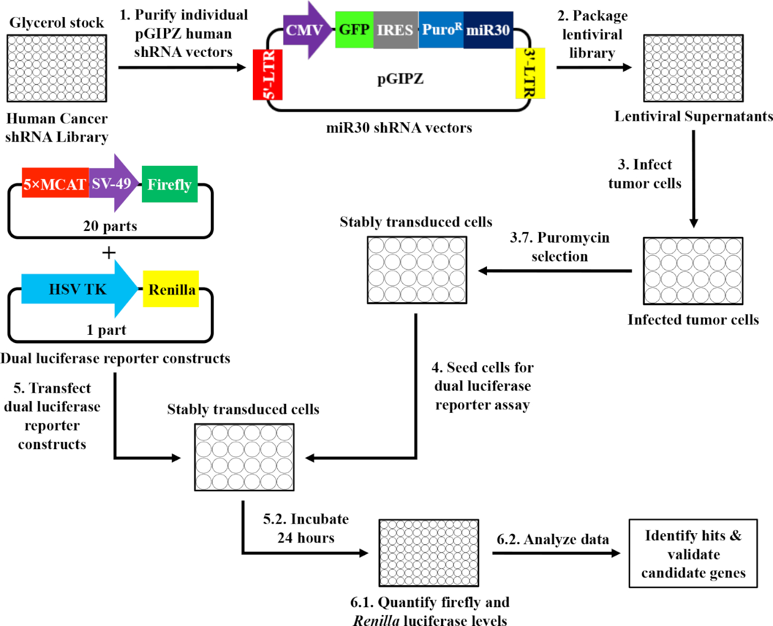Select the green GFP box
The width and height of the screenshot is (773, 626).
pos(354,30)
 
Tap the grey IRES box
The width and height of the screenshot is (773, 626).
pos(395,30)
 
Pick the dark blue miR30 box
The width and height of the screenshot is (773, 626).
pos(488,30)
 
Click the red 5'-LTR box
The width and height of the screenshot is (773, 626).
pos(268,75)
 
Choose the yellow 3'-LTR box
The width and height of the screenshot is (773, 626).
pos(530,73)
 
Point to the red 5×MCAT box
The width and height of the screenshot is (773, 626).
pos(55,184)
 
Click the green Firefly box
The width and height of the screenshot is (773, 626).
pos(170,184)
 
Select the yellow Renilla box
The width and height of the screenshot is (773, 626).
pos(171,289)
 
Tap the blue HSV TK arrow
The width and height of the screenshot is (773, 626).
pos(77,289)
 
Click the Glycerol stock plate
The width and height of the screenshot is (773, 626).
pos(57,69)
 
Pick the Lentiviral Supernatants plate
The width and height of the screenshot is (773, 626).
pos(693,69)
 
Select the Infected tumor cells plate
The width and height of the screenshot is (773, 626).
pos(693,271)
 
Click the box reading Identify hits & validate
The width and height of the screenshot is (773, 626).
pos(693,554)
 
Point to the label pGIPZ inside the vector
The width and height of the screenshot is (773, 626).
pos(400,79)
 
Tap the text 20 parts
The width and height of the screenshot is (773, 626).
pos(110,226)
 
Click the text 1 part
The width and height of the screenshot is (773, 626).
pos(107,330)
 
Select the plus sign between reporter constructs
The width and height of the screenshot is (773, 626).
pos(109,253)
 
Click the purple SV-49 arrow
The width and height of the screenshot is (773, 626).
pos(113,183)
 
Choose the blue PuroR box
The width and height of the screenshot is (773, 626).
pos(441,30)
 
